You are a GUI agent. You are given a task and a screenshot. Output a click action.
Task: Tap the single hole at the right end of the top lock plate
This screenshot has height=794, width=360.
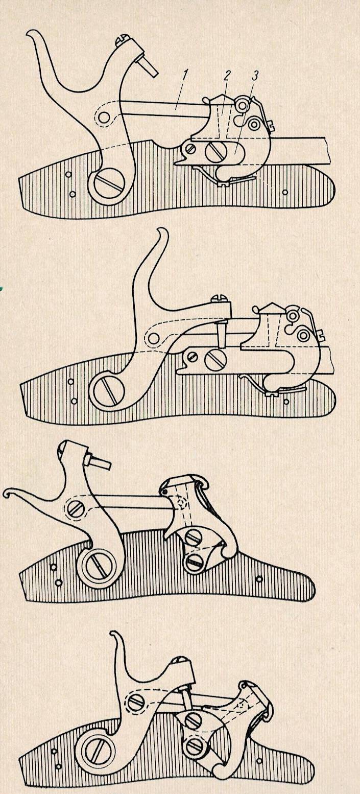(285, 192)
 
